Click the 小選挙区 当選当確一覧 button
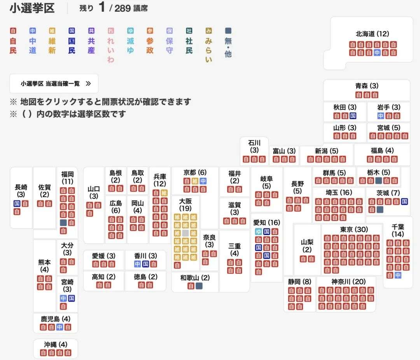(x=54, y=83)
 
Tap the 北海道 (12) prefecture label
(x=372, y=34)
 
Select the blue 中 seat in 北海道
(x=377, y=53)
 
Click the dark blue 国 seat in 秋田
(x=353, y=116)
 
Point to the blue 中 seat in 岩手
(x=381, y=116)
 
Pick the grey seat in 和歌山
(x=199, y=286)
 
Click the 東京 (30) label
(x=354, y=229)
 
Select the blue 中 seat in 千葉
(x=398, y=276)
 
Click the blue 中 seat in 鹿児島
(x=59, y=327)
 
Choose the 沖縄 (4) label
(x=56, y=344)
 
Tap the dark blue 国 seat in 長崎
(x=17, y=204)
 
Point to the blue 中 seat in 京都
(x=203, y=181)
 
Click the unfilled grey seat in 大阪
(x=185, y=233)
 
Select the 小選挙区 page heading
(x=32, y=8)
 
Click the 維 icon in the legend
(x=52, y=30)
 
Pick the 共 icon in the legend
(x=91, y=30)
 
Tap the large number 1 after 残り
(x=102, y=7)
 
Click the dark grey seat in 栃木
(x=378, y=181)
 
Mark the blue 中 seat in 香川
(x=137, y=264)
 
